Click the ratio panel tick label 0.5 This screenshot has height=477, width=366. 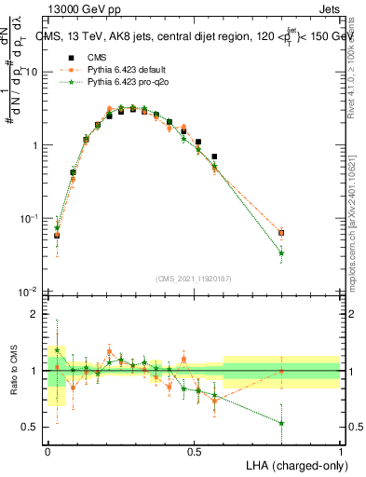pyautogui.click(x=33, y=427)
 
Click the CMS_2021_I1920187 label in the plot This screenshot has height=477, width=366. pyautogui.click(x=195, y=279)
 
